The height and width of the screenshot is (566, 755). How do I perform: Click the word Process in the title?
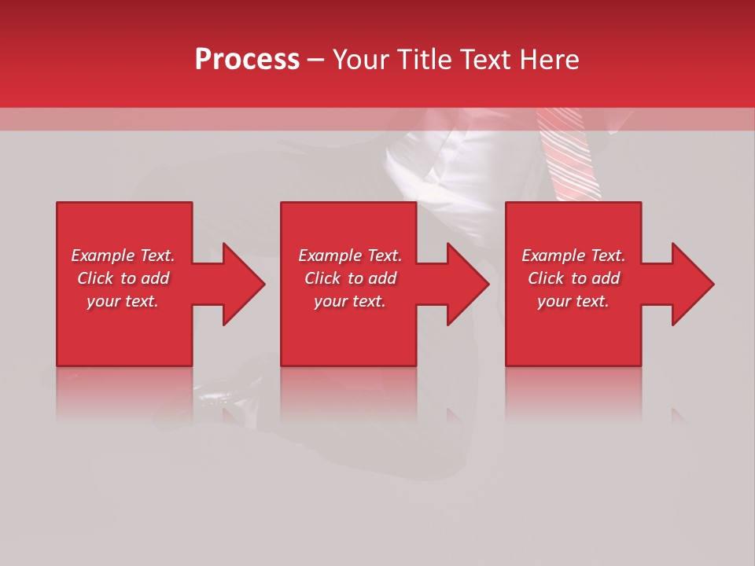[247, 60]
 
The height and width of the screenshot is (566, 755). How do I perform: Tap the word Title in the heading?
[425, 60]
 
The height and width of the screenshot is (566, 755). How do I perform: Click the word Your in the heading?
[363, 60]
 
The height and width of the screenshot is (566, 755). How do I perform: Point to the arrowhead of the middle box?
[466, 284]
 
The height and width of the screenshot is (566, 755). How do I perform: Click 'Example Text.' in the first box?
[123, 255]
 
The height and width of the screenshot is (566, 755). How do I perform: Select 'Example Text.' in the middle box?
[349, 255]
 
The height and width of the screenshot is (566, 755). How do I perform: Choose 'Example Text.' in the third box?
[573, 255]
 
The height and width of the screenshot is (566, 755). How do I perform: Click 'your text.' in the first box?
[123, 301]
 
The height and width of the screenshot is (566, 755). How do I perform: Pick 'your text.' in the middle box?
[349, 301]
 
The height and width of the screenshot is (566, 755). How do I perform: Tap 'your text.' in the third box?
[573, 301]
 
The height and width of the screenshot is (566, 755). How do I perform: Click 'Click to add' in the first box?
[123, 278]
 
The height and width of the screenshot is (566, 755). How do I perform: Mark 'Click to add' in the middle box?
[349, 278]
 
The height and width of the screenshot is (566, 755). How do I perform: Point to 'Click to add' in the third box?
[573, 278]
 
